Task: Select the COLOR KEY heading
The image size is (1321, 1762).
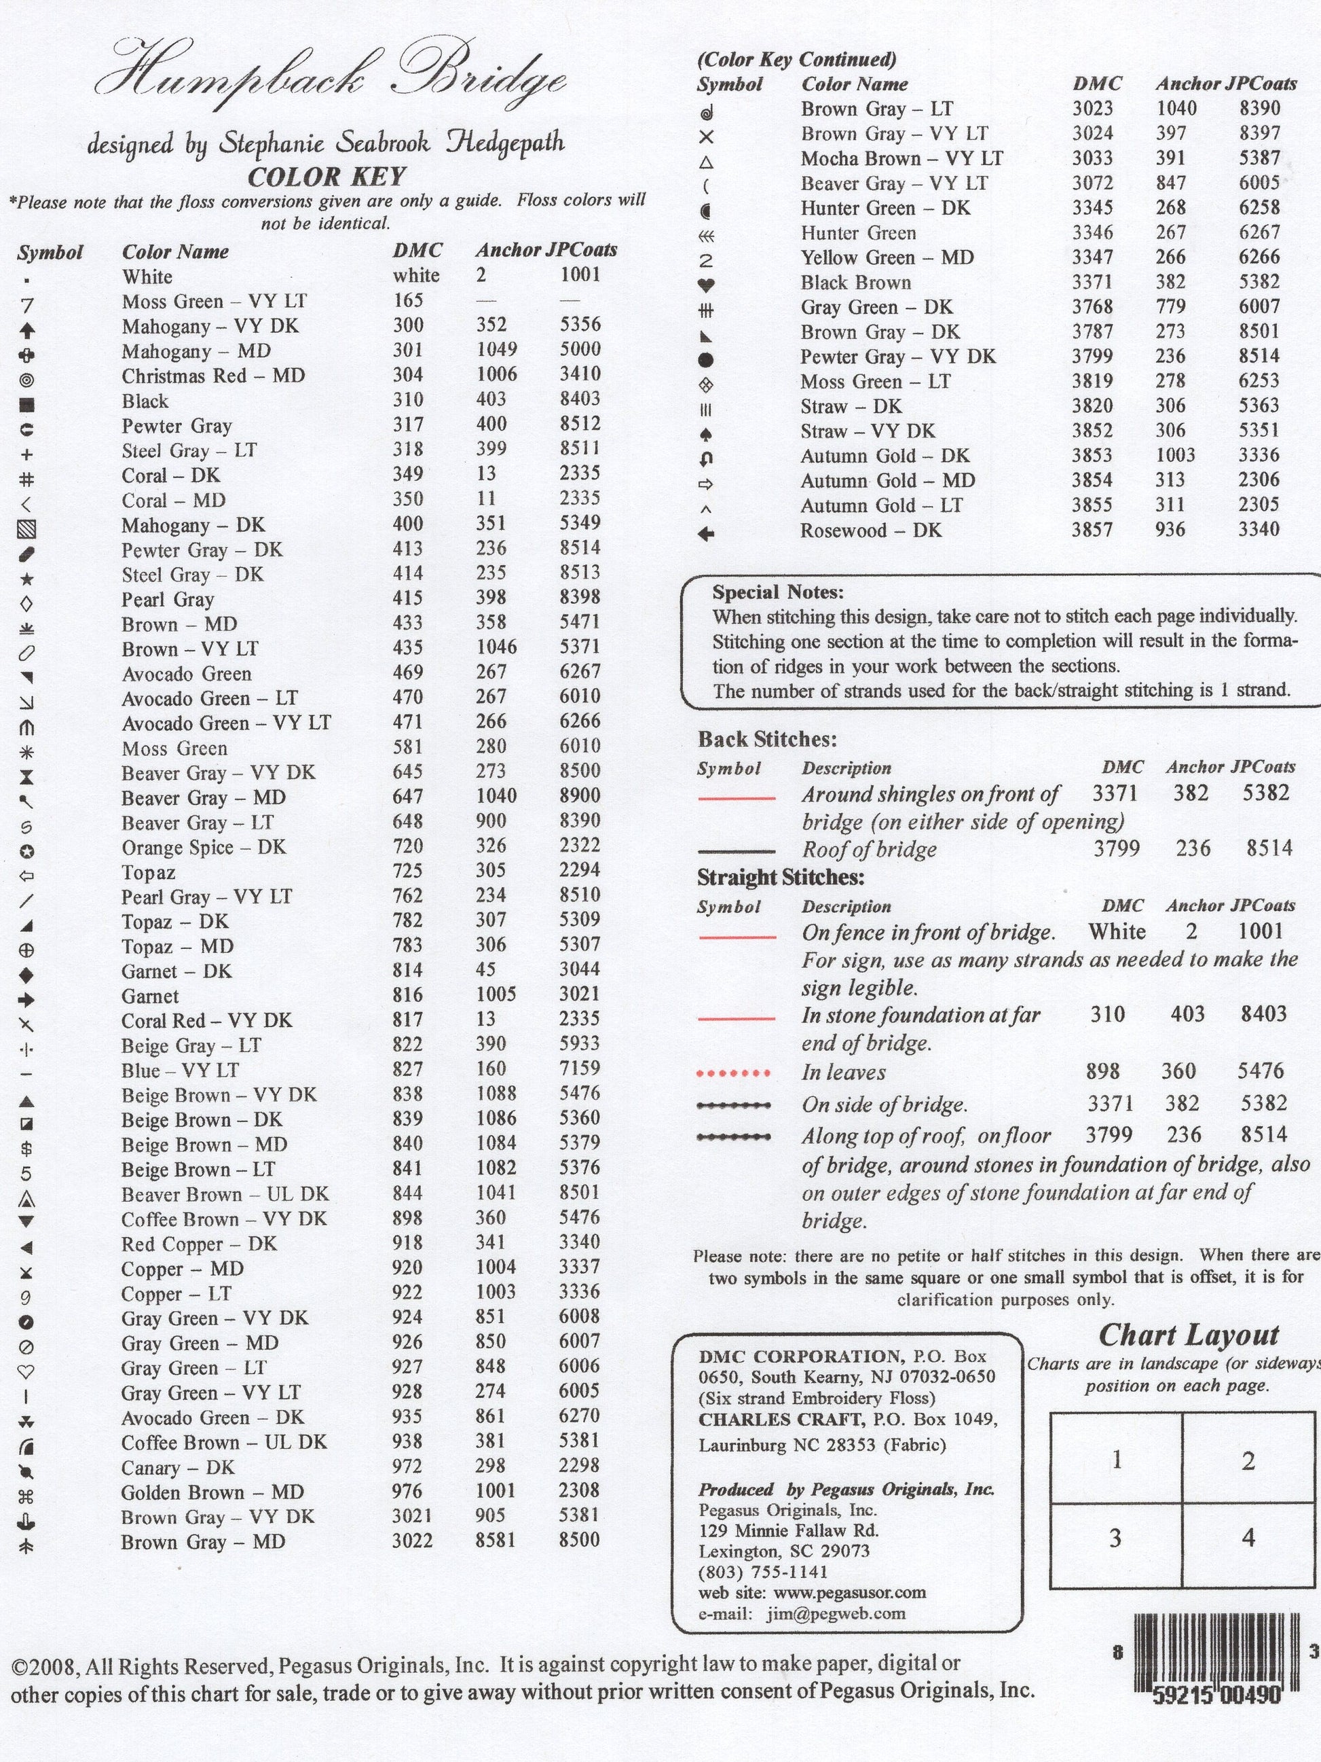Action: (x=327, y=177)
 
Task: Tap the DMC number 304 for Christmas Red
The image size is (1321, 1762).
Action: (x=409, y=375)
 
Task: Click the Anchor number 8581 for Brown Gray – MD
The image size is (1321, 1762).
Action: (x=496, y=1541)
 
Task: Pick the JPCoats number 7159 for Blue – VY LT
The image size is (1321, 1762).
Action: (x=579, y=1069)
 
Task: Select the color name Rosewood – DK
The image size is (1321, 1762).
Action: (x=870, y=531)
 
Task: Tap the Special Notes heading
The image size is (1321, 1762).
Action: (x=777, y=592)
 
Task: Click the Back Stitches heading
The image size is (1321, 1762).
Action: (x=767, y=740)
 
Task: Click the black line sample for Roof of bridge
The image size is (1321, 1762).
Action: (x=736, y=850)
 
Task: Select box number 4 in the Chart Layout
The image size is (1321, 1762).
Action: (x=1248, y=1537)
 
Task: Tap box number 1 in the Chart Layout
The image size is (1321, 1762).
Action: (x=1117, y=1460)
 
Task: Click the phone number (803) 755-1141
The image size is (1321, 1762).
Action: (x=763, y=1572)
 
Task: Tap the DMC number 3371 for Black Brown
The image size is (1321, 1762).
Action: (x=1092, y=283)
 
